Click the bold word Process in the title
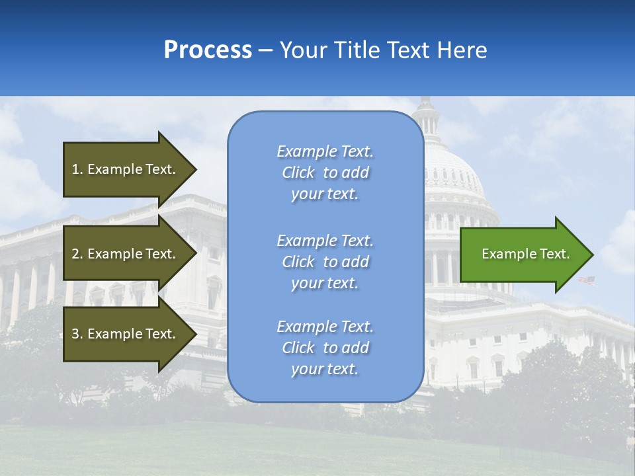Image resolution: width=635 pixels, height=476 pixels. pyautogui.click(x=208, y=50)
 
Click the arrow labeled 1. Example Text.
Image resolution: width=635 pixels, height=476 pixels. pyautogui.click(x=126, y=169)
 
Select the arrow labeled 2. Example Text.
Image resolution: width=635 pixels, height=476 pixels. pyautogui.click(x=126, y=254)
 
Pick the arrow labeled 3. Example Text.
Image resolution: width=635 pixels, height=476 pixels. pyautogui.click(x=126, y=334)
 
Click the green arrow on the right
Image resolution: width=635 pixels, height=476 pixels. pyautogui.click(x=523, y=255)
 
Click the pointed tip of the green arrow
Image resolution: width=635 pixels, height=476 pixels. pyautogui.click(x=591, y=255)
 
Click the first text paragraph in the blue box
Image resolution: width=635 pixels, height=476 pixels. pyautogui.click(x=325, y=173)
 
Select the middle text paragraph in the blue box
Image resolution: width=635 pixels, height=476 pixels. pyautogui.click(x=325, y=262)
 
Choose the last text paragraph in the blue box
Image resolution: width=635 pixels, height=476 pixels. pyautogui.click(x=325, y=348)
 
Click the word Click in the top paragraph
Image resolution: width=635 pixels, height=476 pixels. pyautogui.click(x=298, y=173)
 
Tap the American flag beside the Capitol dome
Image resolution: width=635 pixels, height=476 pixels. pyautogui.click(x=587, y=280)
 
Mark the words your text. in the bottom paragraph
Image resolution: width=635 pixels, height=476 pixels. pyautogui.click(x=325, y=369)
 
